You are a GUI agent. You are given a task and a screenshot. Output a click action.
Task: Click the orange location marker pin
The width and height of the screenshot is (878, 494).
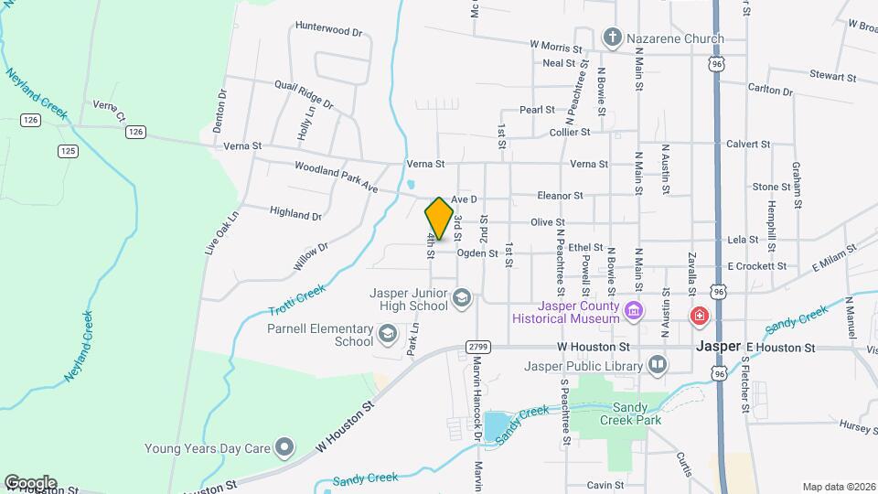(440, 219)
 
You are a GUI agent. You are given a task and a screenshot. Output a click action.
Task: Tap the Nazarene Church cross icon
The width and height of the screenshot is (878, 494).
(613, 39)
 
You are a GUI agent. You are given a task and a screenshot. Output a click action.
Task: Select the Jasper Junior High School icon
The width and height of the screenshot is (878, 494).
(463, 297)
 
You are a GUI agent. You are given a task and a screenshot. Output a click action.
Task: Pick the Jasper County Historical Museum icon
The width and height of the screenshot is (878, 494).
(632, 313)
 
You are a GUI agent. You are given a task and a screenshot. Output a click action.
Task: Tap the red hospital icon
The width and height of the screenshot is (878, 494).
(700, 316)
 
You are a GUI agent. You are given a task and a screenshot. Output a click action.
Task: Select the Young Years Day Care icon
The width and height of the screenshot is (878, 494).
(284, 447)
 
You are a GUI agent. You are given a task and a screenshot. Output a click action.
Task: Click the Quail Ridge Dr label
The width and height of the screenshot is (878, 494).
(304, 94)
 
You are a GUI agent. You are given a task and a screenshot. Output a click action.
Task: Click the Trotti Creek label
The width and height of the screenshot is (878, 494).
(297, 301)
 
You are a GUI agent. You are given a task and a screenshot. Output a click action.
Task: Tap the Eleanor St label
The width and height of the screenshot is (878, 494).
(560, 196)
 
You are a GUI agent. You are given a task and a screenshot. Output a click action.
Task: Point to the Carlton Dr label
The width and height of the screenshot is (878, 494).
(769, 90)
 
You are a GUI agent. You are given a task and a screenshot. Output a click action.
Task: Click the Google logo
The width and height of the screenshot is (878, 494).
(30, 482)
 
